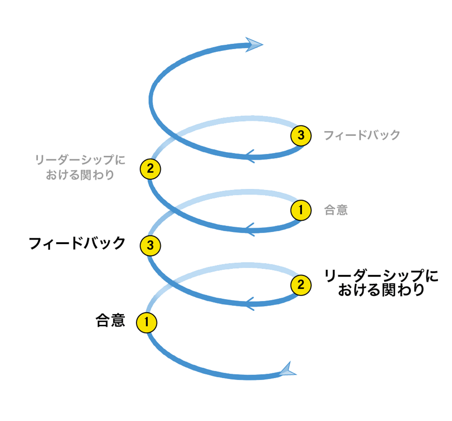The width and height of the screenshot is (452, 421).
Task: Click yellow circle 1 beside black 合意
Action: click(146, 322)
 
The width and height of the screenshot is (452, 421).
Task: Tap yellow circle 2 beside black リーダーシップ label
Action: click(301, 285)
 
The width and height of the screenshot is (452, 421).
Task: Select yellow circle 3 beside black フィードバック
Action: click(150, 245)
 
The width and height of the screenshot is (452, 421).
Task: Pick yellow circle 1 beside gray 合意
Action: click(301, 210)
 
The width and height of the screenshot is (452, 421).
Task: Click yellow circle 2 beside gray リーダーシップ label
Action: click(150, 169)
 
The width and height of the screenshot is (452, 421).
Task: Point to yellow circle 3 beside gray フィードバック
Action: click(301, 135)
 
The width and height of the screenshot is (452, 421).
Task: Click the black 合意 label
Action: click(110, 320)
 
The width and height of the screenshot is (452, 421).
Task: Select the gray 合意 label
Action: click(336, 210)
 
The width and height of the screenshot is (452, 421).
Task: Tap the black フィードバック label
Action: click(77, 244)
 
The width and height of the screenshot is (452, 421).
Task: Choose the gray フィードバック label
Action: click(362, 135)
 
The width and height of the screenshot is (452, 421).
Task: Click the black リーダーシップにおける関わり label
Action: click(381, 282)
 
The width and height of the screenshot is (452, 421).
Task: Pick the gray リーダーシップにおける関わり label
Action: click(80, 167)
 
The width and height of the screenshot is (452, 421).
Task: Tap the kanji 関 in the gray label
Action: click(85, 175)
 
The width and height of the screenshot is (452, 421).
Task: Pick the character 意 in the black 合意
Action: click(118, 320)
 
